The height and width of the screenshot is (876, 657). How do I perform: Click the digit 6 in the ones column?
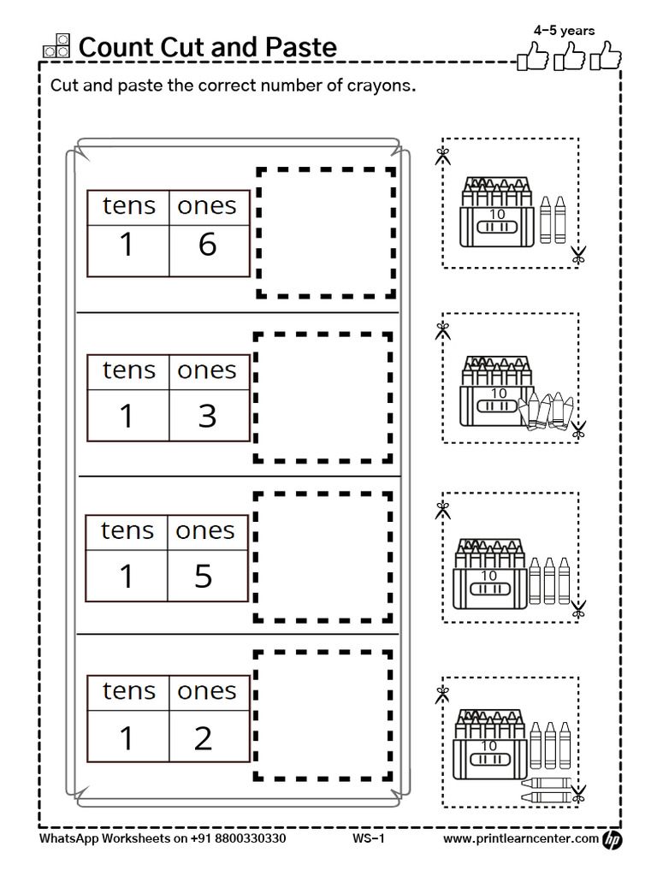tap(207, 245)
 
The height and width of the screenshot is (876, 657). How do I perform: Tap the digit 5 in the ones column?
tap(204, 576)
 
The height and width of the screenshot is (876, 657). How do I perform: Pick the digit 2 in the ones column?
tap(204, 737)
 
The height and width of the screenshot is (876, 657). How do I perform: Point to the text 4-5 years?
tap(564, 31)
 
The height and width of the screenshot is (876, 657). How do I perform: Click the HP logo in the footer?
tap(613, 840)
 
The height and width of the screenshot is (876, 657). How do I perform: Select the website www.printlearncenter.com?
tap(520, 839)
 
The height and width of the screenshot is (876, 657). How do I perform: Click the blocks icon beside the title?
tap(56, 46)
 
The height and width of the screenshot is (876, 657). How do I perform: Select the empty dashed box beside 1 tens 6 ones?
tap(326, 233)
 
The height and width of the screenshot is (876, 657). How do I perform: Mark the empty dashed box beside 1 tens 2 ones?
tap(323, 715)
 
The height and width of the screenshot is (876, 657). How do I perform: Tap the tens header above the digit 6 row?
tap(129, 206)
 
